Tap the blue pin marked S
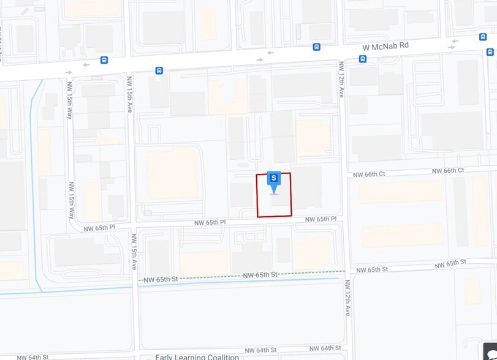[x=274, y=180]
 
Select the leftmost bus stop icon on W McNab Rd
[x=104, y=60]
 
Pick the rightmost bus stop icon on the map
[x=483, y=37]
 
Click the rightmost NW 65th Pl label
[x=321, y=219]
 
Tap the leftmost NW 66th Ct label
[x=369, y=174]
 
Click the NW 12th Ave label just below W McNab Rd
[x=341, y=80]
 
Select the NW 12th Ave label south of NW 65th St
[x=347, y=298]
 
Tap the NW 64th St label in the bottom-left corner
[x=32, y=356]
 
